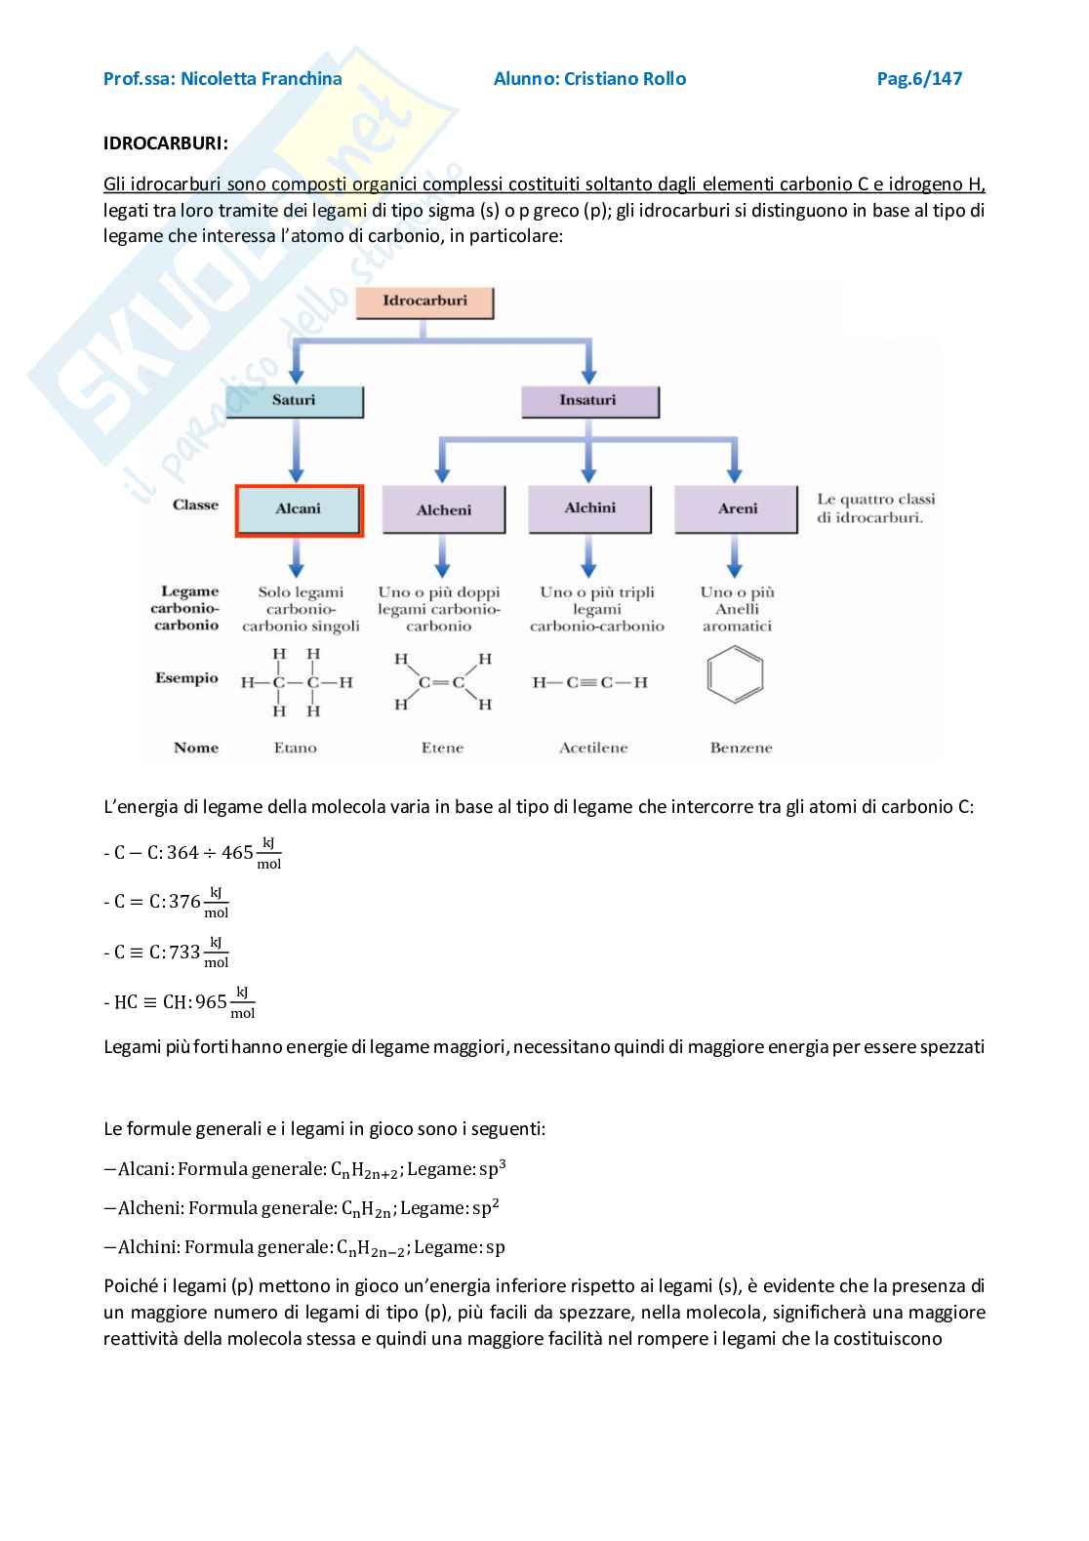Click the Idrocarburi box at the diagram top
(x=424, y=302)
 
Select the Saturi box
(x=294, y=401)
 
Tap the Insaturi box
(x=588, y=401)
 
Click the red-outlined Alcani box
(x=299, y=509)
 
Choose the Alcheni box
(x=444, y=510)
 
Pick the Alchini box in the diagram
(x=589, y=508)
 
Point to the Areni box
(x=737, y=508)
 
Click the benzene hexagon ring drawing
(x=735, y=676)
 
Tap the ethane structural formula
(x=296, y=682)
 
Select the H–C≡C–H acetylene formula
(x=589, y=682)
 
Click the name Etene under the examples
(x=442, y=749)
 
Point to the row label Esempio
(x=186, y=678)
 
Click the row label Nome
(x=196, y=749)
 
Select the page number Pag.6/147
(x=919, y=79)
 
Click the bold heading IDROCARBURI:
(x=166, y=143)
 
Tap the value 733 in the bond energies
(x=184, y=952)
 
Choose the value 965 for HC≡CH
(x=211, y=1002)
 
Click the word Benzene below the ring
(x=741, y=749)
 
